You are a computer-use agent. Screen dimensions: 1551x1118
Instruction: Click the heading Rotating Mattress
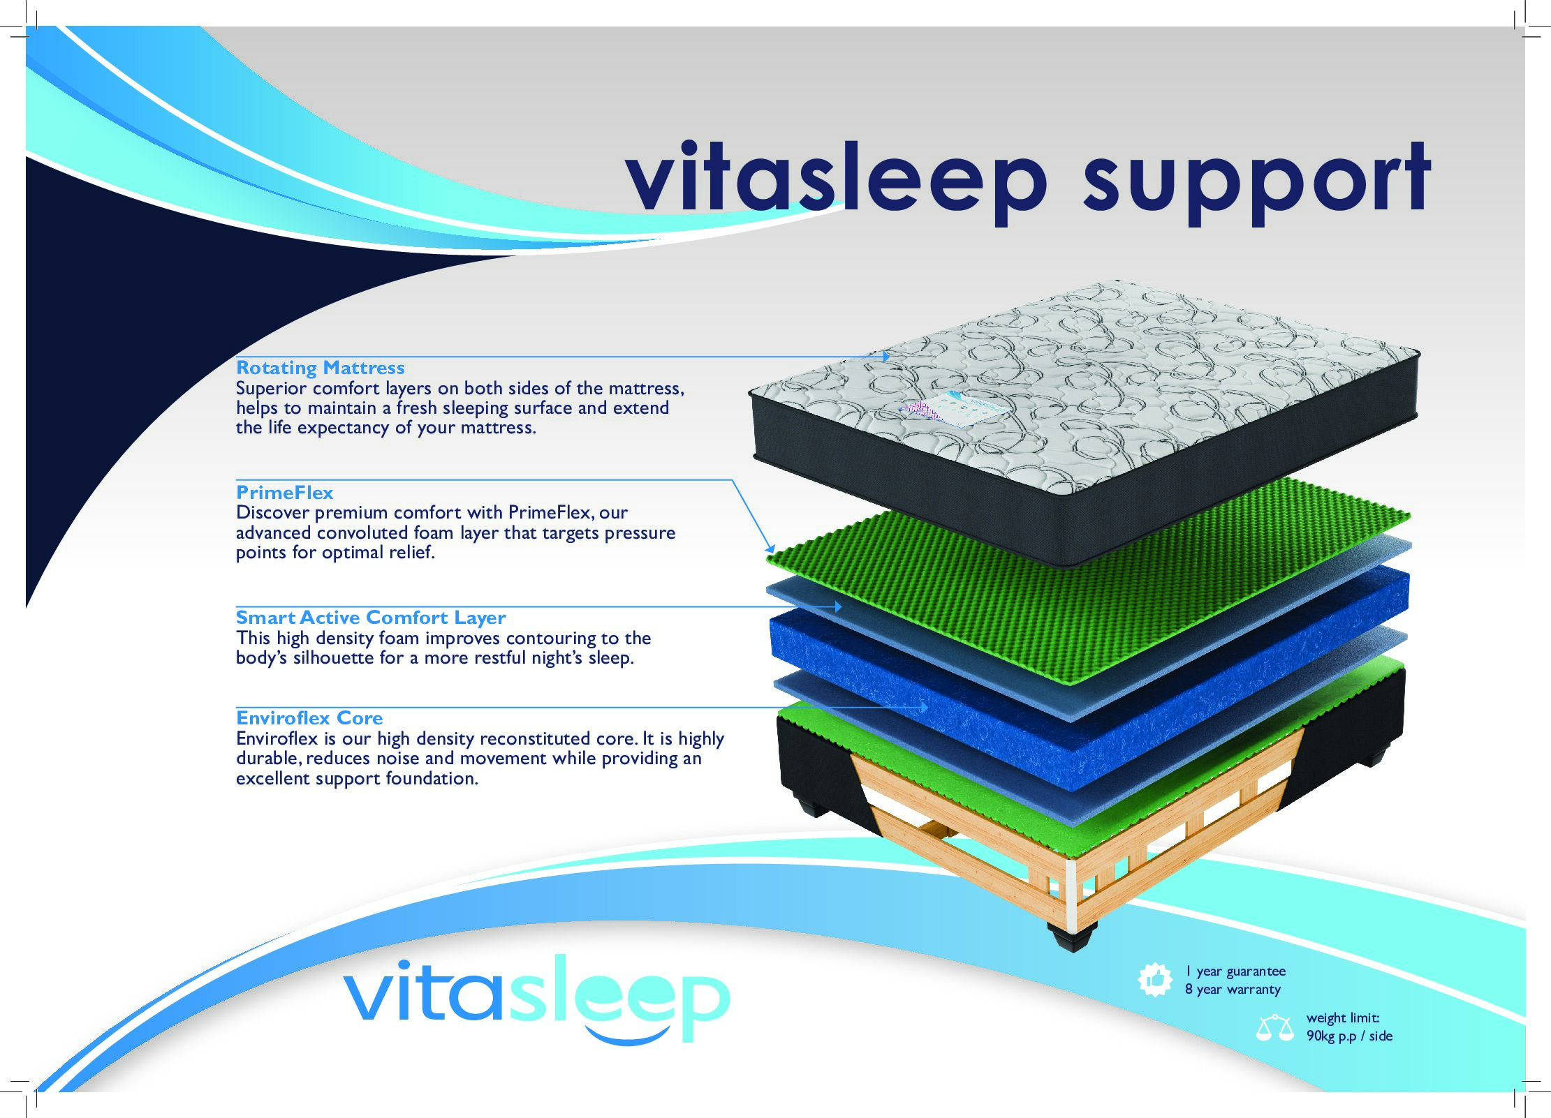tap(321, 368)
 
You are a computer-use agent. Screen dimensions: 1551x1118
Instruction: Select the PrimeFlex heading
tap(285, 493)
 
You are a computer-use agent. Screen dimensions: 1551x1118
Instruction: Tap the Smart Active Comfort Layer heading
tap(371, 618)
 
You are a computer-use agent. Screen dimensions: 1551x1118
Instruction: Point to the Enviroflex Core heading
tap(309, 718)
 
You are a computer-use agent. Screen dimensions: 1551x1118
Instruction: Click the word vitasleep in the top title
tap(837, 180)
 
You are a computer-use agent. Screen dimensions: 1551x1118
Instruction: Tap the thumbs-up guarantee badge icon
tap(1155, 980)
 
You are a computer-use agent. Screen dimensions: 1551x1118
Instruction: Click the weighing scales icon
tap(1274, 1028)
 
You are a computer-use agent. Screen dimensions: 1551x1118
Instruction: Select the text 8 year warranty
tap(1233, 990)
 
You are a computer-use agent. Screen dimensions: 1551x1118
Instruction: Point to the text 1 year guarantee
tap(1235, 971)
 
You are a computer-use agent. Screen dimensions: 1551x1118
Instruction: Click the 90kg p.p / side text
tap(1349, 1036)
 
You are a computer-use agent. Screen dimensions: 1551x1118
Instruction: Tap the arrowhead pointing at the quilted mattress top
tap(885, 357)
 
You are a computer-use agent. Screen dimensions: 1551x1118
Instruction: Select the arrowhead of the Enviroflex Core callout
tap(923, 708)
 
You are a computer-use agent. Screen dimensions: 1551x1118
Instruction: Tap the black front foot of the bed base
tap(1071, 937)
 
